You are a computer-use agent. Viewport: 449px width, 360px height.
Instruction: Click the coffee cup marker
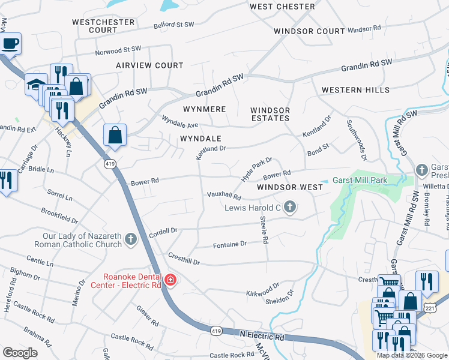tap(10, 43)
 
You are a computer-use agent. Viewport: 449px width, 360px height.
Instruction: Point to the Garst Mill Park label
tap(360, 180)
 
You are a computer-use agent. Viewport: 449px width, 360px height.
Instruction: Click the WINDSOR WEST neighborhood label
tap(290, 187)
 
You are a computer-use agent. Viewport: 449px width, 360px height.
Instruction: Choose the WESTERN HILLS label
tap(355, 90)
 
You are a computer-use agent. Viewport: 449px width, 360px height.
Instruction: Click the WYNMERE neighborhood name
tap(204, 109)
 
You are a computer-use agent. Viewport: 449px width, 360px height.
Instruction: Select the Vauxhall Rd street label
tap(224, 196)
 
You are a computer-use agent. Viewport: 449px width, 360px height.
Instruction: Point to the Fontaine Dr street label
tap(230, 244)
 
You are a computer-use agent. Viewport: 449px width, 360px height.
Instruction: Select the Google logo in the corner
tap(20, 352)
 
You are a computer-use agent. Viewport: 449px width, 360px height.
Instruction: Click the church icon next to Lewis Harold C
tap(290, 208)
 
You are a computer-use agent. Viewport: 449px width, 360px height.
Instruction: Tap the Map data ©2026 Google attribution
tap(412, 355)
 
